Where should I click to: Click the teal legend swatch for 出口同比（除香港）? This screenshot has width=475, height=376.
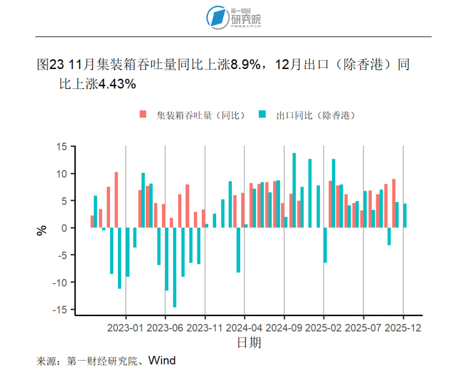262,115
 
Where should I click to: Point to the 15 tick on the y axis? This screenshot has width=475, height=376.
62,147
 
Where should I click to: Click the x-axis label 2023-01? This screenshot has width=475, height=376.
125,328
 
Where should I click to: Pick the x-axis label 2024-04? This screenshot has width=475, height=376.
245,328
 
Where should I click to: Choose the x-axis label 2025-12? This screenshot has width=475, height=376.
403,328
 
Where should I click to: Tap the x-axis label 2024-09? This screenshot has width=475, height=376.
284,328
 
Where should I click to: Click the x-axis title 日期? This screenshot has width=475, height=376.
249,343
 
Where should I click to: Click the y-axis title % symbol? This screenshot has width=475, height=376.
42,231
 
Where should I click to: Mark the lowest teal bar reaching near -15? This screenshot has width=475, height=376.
174,268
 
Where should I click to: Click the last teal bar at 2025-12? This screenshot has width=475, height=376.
405,216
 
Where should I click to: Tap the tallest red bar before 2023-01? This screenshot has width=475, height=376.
116,200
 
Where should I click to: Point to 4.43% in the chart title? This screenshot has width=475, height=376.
118,84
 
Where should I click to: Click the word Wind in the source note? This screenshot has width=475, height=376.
163,361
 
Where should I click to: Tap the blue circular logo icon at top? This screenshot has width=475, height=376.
217,18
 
